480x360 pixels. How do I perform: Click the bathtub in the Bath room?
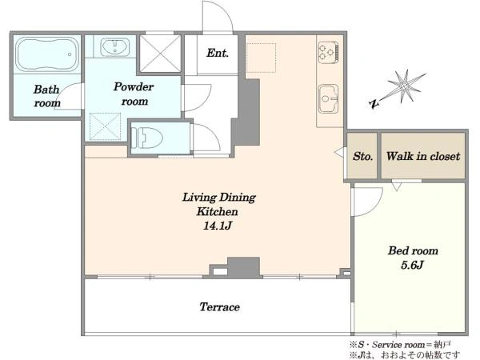pos(47,54)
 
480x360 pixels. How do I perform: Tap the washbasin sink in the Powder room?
pos(114,47)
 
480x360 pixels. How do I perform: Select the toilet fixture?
pos(146,138)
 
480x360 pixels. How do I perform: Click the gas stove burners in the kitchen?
pos(328,53)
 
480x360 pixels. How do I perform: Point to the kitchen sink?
pos(329,98)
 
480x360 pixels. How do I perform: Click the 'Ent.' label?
pos(218,53)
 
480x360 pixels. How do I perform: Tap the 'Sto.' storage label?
pos(362,157)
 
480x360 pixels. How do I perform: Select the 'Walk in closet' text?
pos(423,156)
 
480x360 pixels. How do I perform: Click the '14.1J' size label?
pos(217,226)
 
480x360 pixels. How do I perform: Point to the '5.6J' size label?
pos(412,265)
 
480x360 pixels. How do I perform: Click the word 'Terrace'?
pos(219,306)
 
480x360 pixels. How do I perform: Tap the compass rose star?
pos(404,86)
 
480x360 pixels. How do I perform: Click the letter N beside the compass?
pos(374,104)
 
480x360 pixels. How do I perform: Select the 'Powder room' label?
pos(134,94)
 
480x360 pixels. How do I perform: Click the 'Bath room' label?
pos(47,96)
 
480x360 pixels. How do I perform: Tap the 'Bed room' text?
pos(413,250)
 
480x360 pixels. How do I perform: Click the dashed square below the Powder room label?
pos(105,126)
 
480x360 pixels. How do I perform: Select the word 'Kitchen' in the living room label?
pos(217,211)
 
